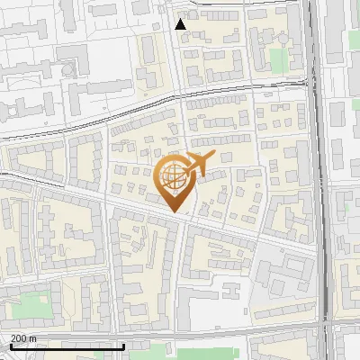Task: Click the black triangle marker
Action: [x=181, y=24]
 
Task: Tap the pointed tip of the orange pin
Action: [x=174, y=211]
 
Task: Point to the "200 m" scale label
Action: [x=23, y=338]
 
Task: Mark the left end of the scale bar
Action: [x=11, y=346]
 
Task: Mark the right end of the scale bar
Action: [x=124, y=346]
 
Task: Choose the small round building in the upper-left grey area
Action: [x=68, y=67]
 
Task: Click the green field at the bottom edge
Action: [x=189, y=355]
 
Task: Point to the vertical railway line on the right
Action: [x=317, y=180]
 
